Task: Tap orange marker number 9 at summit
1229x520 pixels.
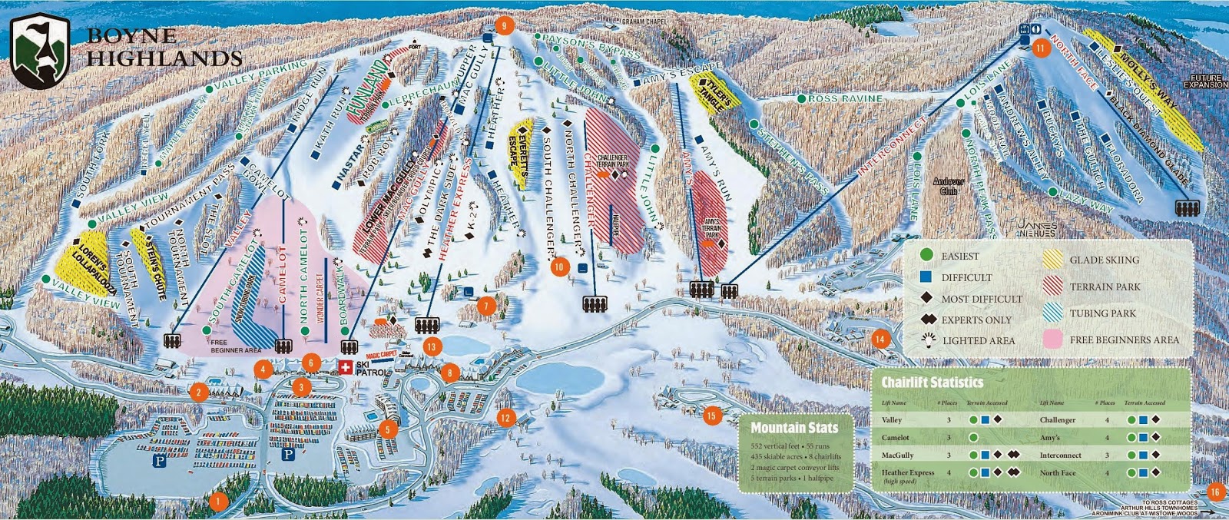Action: pyautogui.click(x=504, y=25)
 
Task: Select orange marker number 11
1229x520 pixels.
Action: pyautogui.click(x=1040, y=47)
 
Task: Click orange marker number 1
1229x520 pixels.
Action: pyautogui.click(x=218, y=501)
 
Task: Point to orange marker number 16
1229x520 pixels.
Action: pyautogui.click(x=1214, y=492)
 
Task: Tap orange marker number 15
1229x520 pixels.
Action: pyautogui.click(x=711, y=416)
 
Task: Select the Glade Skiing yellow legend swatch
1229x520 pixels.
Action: pyautogui.click(x=1052, y=260)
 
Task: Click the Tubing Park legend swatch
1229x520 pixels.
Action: pyautogui.click(x=1052, y=313)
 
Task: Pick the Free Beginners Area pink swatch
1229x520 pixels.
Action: pyautogui.click(x=1052, y=339)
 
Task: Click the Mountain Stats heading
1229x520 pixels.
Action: pyautogui.click(x=794, y=428)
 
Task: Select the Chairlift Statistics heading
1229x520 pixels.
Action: pyautogui.click(x=932, y=382)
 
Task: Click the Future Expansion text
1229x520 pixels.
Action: pyautogui.click(x=1206, y=82)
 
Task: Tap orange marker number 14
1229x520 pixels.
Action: pyautogui.click(x=880, y=337)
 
